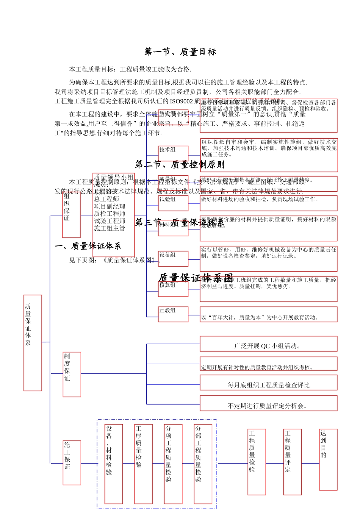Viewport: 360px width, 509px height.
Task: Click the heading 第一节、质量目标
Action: point(180,52)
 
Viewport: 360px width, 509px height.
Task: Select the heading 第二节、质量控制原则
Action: point(180,165)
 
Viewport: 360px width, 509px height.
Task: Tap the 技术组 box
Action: point(173,153)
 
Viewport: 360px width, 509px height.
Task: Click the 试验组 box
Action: point(173,203)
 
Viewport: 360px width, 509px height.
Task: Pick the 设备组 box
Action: point(173,259)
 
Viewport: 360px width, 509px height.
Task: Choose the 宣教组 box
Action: point(173,314)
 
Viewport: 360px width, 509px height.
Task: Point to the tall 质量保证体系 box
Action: point(33,343)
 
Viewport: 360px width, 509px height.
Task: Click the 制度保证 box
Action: point(72,374)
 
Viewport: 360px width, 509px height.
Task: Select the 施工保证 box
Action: point(72,462)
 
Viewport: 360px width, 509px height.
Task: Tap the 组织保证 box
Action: point(72,214)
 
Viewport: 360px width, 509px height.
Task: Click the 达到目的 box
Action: point(328,459)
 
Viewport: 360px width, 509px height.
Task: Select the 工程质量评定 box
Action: point(293,462)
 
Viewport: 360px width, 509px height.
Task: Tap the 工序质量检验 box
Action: point(143,464)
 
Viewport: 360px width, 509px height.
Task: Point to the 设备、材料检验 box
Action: point(114,464)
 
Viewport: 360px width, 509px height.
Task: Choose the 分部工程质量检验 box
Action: point(203,464)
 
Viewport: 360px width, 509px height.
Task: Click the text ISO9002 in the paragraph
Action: point(182,101)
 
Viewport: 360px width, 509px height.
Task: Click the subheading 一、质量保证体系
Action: point(88,246)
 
